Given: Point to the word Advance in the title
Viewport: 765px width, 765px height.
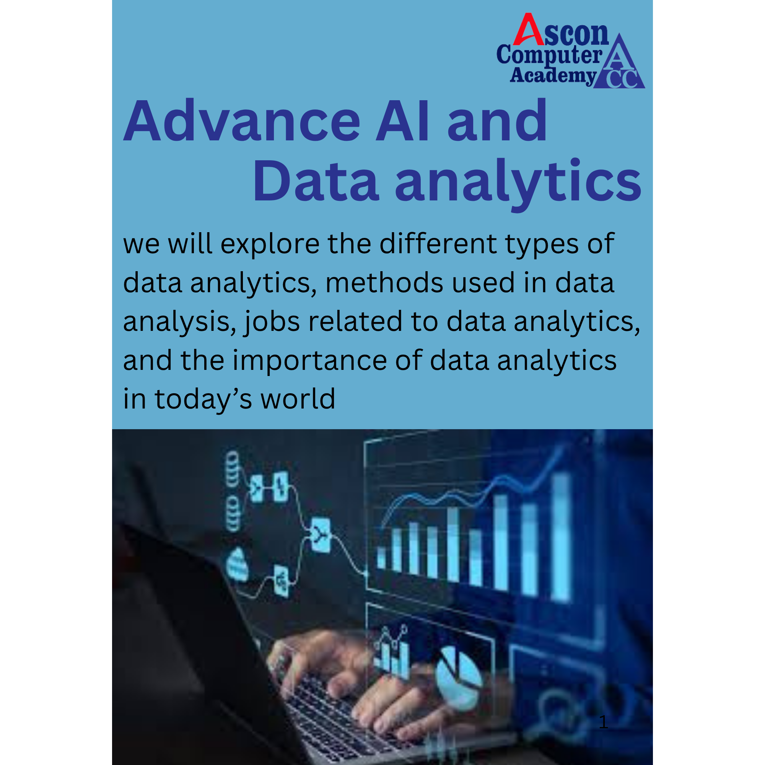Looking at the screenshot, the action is click(242, 120).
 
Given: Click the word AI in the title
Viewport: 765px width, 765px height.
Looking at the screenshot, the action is click(402, 120).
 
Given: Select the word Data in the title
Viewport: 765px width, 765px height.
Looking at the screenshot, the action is click(316, 181).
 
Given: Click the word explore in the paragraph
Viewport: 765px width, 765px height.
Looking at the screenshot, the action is click(270, 245).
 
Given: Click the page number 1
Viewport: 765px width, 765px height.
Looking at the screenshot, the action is click(603, 722).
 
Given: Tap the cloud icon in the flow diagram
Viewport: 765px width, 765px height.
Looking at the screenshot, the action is click(237, 565).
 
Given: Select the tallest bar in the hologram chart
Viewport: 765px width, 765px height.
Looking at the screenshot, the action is click(561, 537).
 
